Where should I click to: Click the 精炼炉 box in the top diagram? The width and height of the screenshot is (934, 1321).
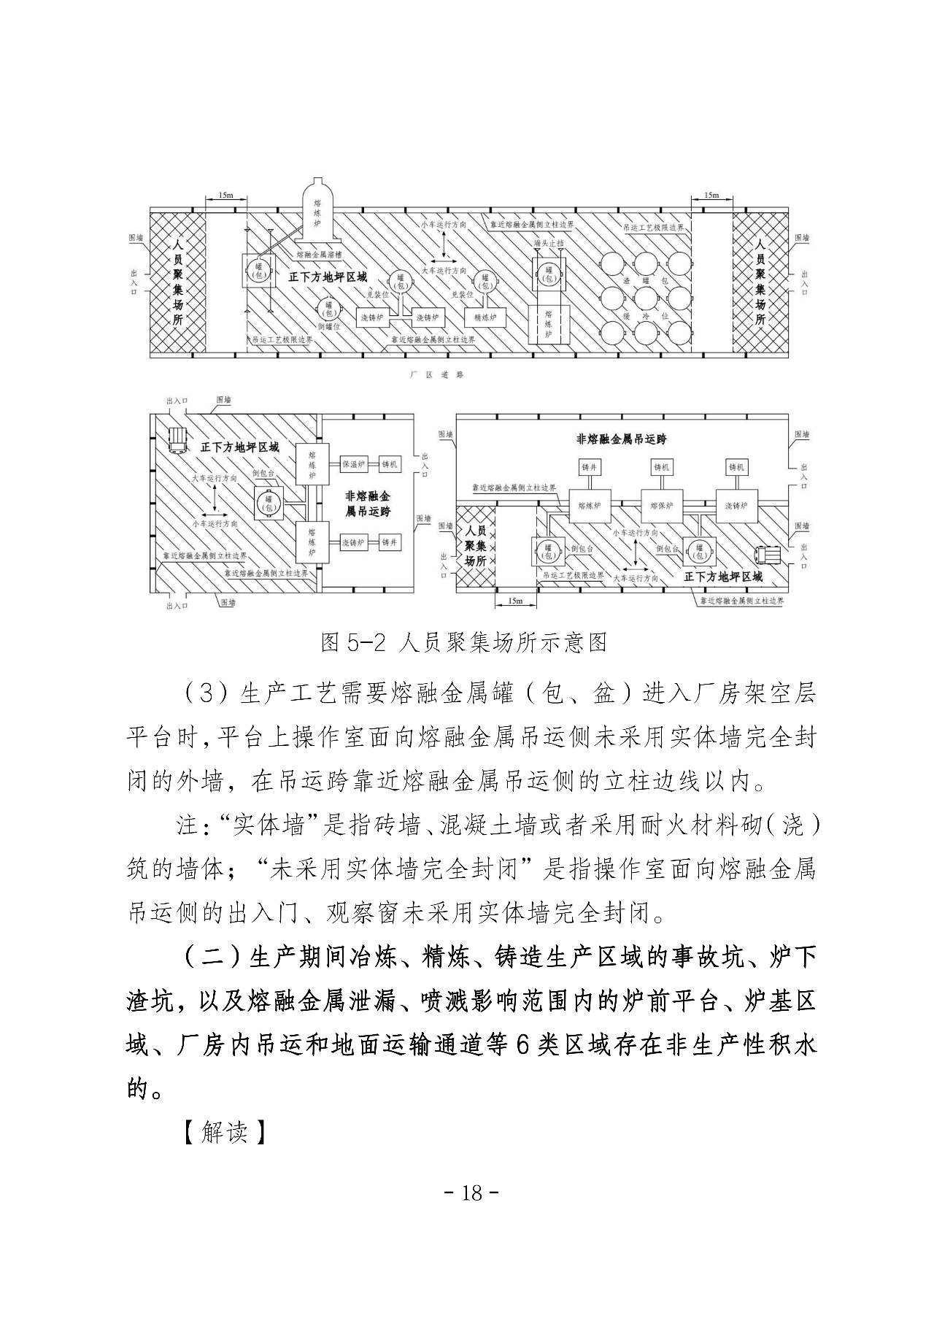point(485,317)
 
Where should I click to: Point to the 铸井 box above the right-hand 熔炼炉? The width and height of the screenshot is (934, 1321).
point(589,467)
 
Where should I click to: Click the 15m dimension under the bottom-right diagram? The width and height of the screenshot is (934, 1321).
point(514,601)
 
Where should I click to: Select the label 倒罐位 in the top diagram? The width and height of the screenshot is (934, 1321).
point(330,327)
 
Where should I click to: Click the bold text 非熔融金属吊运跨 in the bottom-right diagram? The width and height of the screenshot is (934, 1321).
point(621,439)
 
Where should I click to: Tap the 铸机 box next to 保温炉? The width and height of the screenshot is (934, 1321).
point(391,464)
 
